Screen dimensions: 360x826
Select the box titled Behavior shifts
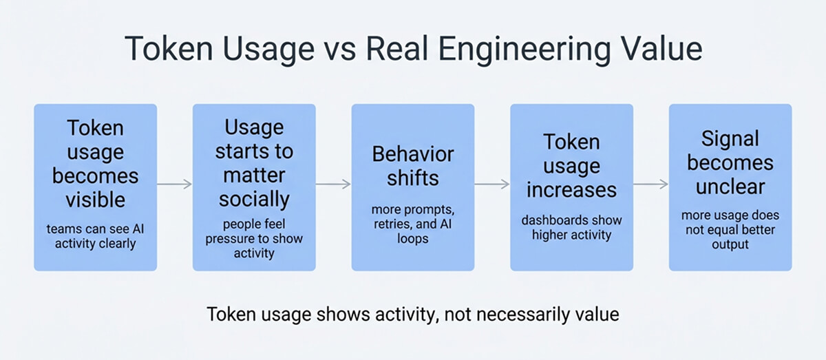click(x=412, y=187)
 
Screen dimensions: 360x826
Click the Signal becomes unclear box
click(x=730, y=187)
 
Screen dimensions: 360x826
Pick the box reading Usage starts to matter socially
click(x=254, y=187)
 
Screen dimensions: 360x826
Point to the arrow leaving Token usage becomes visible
click(x=175, y=184)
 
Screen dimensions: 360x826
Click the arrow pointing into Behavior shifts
click(x=333, y=184)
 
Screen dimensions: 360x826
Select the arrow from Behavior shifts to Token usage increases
click(x=492, y=184)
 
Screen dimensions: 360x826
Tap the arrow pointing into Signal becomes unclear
click(x=650, y=184)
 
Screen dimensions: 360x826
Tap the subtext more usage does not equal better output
click(x=730, y=230)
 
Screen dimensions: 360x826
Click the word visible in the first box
click(x=96, y=200)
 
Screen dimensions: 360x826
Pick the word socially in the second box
click(x=254, y=200)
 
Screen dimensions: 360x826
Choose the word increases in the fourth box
click(x=571, y=189)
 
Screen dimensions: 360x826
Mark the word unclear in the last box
click(x=730, y=188)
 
